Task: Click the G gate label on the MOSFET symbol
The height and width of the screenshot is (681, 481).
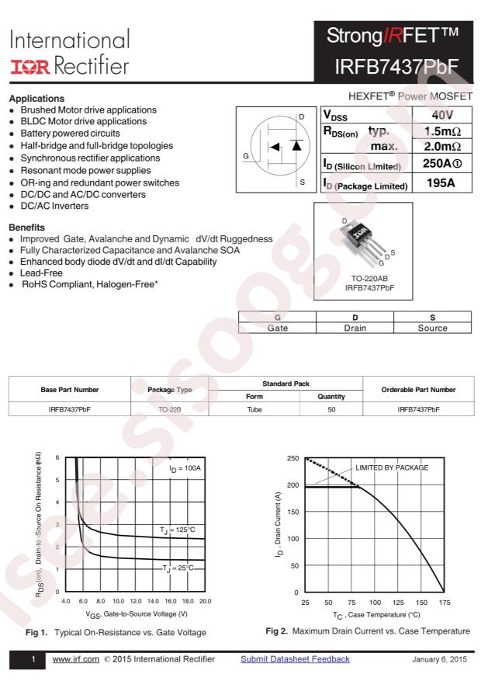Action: coord(246,156)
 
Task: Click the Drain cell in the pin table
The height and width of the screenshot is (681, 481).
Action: coord(355,328)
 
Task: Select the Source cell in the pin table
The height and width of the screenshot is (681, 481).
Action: coord(432,328)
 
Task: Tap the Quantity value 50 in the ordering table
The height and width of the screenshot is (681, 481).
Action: coord(331,408)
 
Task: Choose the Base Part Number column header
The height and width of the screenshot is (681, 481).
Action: coord(69,389)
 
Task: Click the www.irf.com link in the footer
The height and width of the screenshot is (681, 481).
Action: coord(75,659)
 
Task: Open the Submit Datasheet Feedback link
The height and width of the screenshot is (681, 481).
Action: coord(295,659)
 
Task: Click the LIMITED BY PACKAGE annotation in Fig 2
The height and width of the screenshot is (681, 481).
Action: coord(392,468)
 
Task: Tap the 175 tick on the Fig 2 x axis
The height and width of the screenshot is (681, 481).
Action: coord(445,603)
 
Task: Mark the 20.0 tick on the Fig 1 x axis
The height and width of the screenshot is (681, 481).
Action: coord(205,601)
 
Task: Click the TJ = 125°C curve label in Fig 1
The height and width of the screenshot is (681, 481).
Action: coord(179,530)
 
